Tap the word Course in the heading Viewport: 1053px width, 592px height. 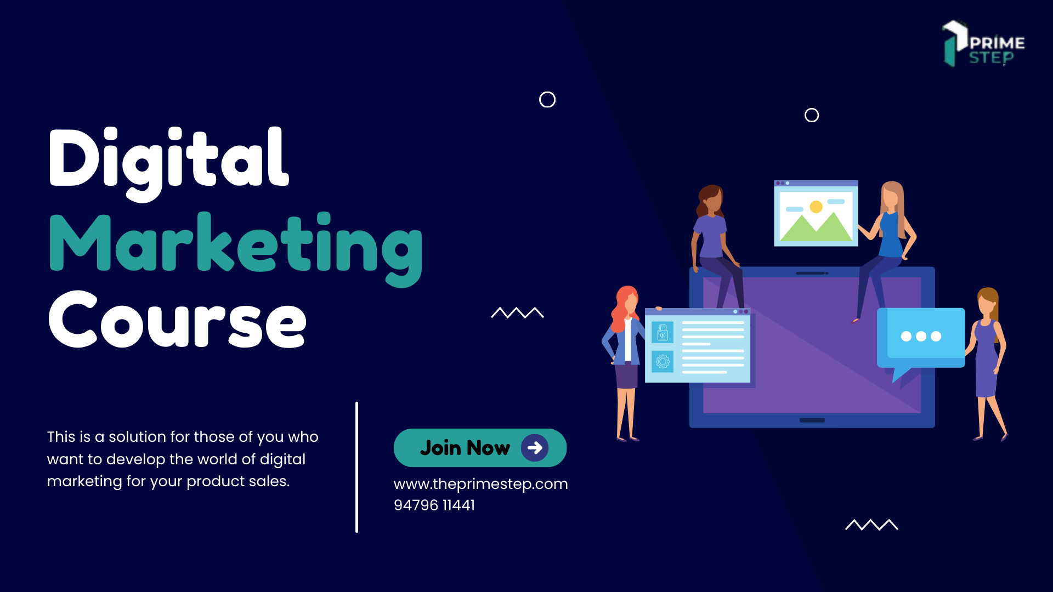(x=177, y=321)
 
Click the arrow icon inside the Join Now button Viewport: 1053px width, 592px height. (x=535, y=448)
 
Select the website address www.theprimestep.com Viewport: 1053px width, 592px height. (x=480, y=484)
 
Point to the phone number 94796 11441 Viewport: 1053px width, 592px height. (x=434, y=505)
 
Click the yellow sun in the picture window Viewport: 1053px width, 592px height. (x=816, y=207)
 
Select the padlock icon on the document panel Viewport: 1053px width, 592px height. (x=663, y=332)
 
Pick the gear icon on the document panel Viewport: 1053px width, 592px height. (x=663, y=361)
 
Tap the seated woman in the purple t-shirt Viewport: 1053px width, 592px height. (x=712, y=236)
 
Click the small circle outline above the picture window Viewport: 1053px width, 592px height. (x=812, y=115)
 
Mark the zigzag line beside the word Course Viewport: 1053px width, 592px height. (x=517, y=313)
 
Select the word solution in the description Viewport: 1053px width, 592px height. (x=137, y=437)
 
